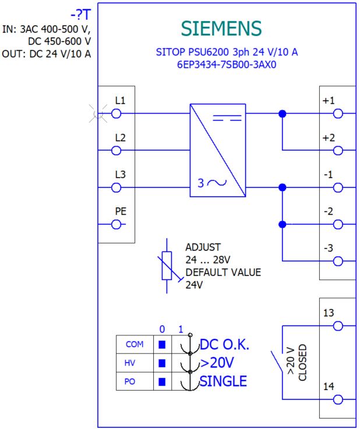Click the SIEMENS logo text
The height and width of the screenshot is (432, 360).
pos(221,29)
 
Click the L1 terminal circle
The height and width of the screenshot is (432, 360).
pos(117,114)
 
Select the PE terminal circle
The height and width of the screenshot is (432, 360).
pos(117,225)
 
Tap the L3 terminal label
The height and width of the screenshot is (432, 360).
pos(120,175)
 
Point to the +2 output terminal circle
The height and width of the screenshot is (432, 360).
pos(338,151)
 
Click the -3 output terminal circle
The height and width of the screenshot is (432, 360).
pos(338,261)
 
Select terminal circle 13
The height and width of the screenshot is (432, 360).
pos(338,326)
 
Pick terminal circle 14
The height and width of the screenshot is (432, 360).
pos(338,399)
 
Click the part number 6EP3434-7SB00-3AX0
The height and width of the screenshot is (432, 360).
pos(227,65)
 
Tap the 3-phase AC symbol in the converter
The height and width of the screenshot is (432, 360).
pos(212,183)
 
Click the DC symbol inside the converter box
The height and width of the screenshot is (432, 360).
pos(227,118)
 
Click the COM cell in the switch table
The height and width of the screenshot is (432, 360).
pos(135,345)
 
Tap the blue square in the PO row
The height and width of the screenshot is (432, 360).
pos(162,381)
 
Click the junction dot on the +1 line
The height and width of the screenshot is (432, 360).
pos(283,114)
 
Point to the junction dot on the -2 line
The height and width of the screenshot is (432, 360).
pos(283,225)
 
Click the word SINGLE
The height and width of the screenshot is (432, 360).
pos(223,381)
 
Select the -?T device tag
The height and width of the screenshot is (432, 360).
pos(81,15)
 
